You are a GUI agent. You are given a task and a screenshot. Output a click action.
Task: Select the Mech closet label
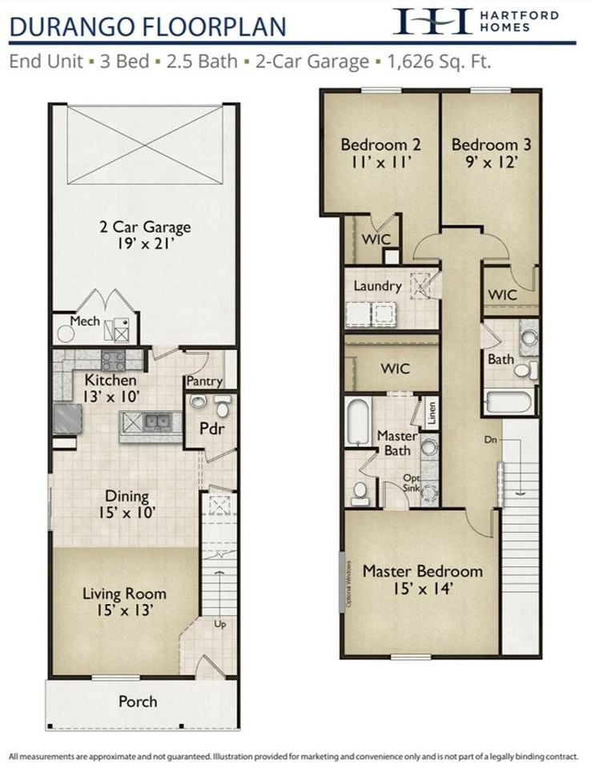pyautogui.click(x=84, y=321)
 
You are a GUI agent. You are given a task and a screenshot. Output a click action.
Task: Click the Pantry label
pyautogui.click(x=204, y=382)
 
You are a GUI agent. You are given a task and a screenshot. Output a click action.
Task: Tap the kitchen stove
pyautogui.click(x=114, y=358)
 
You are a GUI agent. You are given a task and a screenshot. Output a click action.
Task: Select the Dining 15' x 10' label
pyautogui.click(x=126, y=505)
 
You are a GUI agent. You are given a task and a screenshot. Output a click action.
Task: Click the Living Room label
pyautogui.click(x=124, y=594)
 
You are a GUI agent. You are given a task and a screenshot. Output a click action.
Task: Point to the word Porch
pyautogui.click(x=138, y=701)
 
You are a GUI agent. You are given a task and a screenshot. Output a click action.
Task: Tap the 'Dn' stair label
pyautogui.click(x=490, y=440)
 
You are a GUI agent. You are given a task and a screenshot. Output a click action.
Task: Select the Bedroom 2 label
pyautogui.click(x=380, y=145)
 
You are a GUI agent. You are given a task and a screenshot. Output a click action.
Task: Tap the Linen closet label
pyautogui.click(x=432, y=414)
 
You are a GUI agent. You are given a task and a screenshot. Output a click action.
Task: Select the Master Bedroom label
pyautogui.click(x=422, y=571)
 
